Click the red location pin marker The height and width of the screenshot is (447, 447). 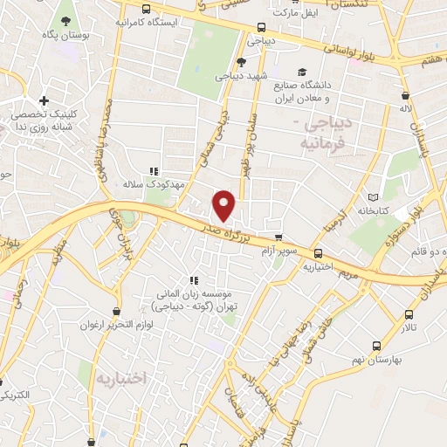coord(224,204)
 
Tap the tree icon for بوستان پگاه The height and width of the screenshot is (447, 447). coord(66,18)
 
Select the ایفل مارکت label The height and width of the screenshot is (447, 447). coord(292,14)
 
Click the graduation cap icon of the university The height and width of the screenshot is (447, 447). coord(302,72)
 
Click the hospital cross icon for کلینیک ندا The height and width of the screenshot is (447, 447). coord(43,101)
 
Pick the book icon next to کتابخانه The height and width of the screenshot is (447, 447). coord(375,197)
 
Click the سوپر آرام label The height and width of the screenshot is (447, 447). coord(279,250)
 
